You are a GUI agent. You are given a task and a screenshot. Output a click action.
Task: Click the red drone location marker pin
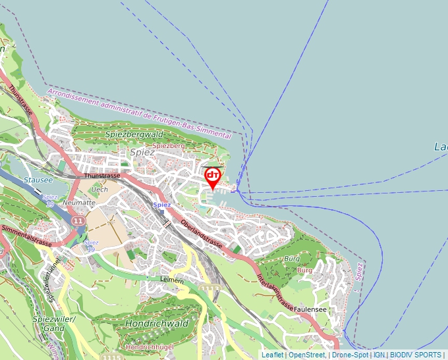pos(213,176)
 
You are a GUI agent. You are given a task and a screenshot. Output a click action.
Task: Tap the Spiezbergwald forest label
pos(134,134)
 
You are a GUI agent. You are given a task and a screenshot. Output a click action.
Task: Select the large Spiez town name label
pos(142,152)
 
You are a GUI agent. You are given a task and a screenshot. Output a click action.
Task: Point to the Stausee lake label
pos(34,179)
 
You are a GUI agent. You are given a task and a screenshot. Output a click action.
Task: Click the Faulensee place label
pos(312,309)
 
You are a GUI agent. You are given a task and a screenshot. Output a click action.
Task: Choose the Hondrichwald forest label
pos(157,324)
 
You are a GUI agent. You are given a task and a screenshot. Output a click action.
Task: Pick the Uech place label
pos(100,190)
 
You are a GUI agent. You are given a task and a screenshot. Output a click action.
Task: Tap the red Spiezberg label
pos(169,145)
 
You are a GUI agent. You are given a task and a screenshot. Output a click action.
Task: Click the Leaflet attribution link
pos(272,355)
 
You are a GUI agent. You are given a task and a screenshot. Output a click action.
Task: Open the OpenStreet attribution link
pos(306,355)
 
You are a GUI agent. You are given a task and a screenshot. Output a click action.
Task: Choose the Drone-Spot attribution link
pos(350,355)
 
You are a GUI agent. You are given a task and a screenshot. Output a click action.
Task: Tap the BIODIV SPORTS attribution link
pos(415,355)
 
